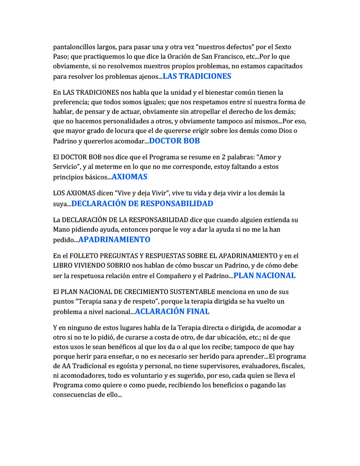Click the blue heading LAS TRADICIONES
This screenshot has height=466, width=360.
click(x=197, y=76)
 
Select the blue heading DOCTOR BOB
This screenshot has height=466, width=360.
click(x=174, y=141)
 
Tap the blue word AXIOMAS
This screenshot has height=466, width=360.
click(x=130, y=177)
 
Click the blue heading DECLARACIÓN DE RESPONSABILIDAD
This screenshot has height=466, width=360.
click(x=142, y=203)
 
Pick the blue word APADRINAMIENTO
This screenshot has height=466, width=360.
click(x=114, y=239)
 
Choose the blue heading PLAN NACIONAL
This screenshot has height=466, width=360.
click(x=264, y=275)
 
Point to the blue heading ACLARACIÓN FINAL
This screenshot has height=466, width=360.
click(x=172, y=311)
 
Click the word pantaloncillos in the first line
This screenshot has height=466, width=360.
click(x=76, y=47)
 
